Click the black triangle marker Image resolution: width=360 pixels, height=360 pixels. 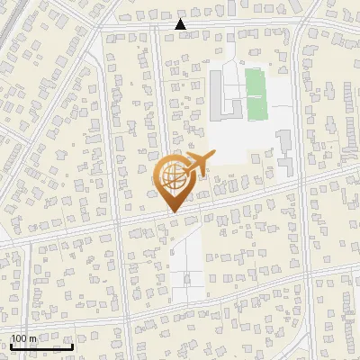[181, 24]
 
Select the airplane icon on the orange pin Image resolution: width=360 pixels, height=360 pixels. [194, 166]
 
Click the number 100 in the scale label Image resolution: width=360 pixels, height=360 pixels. [18, 338]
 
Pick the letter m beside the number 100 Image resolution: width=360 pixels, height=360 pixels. [32, 338]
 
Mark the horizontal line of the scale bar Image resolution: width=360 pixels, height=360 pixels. [41, 347]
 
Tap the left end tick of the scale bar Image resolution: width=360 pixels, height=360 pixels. [10, 346]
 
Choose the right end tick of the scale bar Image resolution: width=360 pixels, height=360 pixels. [73, 346]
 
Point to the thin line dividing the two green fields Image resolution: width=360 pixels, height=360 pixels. [257, 95]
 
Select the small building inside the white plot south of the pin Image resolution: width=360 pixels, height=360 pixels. [187, 279]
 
